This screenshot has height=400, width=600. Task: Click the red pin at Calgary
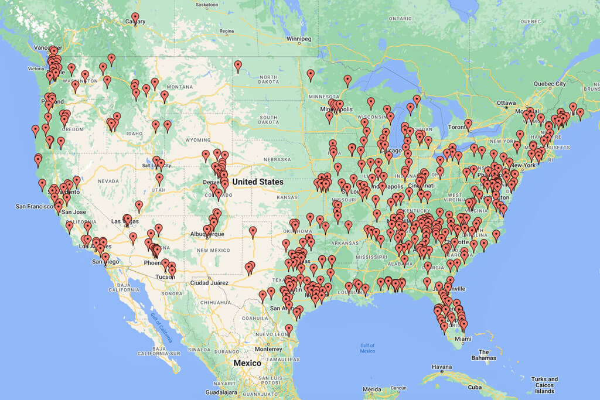[135, 18]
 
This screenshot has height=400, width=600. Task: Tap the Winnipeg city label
[298, 39]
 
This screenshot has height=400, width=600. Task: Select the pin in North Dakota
[238, 66]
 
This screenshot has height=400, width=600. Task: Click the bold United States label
[258, 182]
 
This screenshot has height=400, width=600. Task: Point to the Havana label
[442, 367]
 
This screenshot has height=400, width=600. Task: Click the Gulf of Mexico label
[367, 348]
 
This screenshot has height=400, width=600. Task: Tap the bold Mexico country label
[247, 363]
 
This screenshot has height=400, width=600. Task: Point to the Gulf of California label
[158, 329]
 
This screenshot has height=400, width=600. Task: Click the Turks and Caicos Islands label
[545, 385]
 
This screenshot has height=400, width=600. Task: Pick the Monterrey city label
[269, 348]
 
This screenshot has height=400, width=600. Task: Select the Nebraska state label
[277, 159]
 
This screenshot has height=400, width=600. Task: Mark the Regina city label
[226, 31]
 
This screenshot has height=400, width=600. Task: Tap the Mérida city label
[371, 389]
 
